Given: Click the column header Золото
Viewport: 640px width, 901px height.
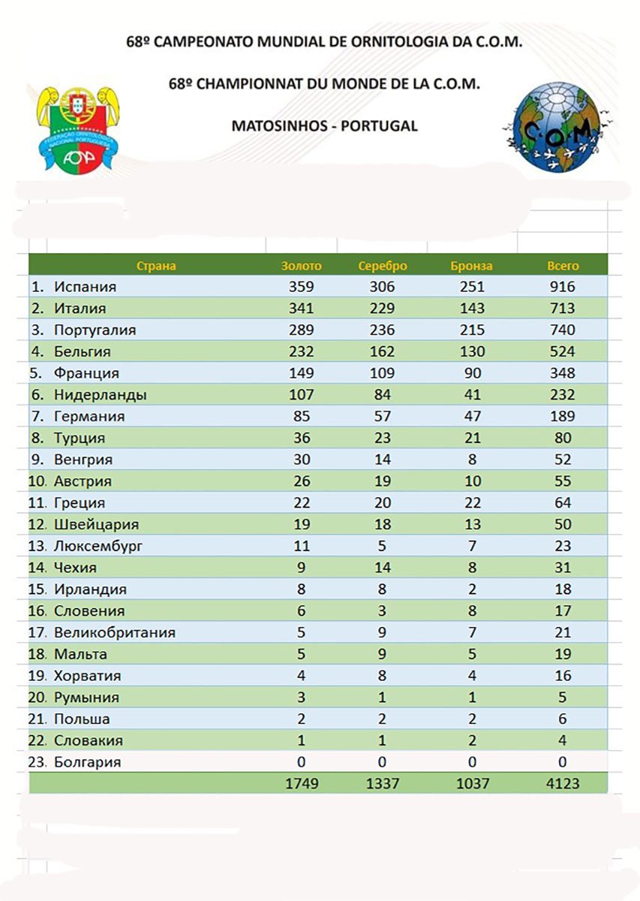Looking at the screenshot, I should point(301,266).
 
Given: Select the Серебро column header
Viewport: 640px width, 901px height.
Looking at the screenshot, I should point(383,266).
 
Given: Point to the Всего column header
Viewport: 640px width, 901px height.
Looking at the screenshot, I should point(563,266).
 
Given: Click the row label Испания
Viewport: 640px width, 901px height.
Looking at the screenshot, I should point(85,287).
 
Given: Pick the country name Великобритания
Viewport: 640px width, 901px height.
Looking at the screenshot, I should point(115,633).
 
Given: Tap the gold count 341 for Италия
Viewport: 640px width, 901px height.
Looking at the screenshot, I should point(301,309).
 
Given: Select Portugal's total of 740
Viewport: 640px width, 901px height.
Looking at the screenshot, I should point(562,330).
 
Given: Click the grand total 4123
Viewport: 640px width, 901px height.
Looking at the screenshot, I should point(563,784).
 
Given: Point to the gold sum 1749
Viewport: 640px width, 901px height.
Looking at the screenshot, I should point(302,784).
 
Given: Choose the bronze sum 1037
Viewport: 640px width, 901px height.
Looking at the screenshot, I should point(473,784).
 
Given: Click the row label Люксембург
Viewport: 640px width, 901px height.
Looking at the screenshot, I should point(98,547).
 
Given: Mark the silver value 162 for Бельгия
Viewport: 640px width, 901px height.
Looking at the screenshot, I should point(383,351).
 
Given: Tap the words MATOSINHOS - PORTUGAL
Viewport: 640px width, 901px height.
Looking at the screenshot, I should point(324,126).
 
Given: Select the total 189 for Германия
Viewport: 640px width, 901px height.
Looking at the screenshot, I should point(562,417).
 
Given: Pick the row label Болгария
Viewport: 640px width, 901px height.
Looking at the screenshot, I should point(87,763).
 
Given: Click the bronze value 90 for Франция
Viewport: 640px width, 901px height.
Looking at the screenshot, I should point(473,373).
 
